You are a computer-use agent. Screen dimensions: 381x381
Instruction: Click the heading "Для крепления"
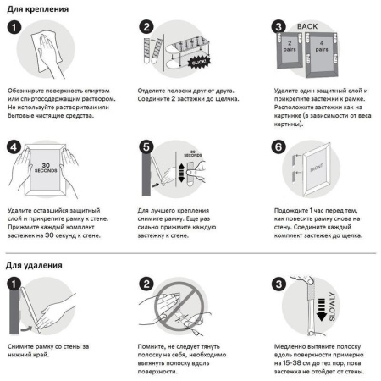[38, 9]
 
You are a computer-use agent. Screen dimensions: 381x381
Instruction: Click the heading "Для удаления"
[34, 265]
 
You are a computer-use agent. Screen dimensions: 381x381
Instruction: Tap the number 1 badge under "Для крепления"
[14, 27]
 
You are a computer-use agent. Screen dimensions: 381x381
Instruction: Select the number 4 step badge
[14, 147]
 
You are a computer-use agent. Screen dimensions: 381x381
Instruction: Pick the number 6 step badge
[279, 146]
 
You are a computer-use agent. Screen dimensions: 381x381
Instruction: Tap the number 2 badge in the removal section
[146, 284]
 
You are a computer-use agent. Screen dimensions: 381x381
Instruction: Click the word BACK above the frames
[307, 26]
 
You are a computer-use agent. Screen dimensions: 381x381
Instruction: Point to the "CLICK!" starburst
[199, 63]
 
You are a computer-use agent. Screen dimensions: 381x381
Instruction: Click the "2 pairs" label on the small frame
[290, 46]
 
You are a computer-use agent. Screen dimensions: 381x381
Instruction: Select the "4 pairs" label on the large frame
[322, 46]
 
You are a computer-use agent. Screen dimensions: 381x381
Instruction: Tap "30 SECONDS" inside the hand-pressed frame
[46, 168]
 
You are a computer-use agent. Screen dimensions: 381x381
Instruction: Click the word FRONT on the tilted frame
[317, 168]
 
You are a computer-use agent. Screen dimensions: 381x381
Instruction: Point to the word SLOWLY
[332, 306]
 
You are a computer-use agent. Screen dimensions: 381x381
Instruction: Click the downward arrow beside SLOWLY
[322, 309]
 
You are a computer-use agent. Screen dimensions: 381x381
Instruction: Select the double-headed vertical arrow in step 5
[181, 173]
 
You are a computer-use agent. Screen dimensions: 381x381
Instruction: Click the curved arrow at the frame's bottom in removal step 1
[27, 329]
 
